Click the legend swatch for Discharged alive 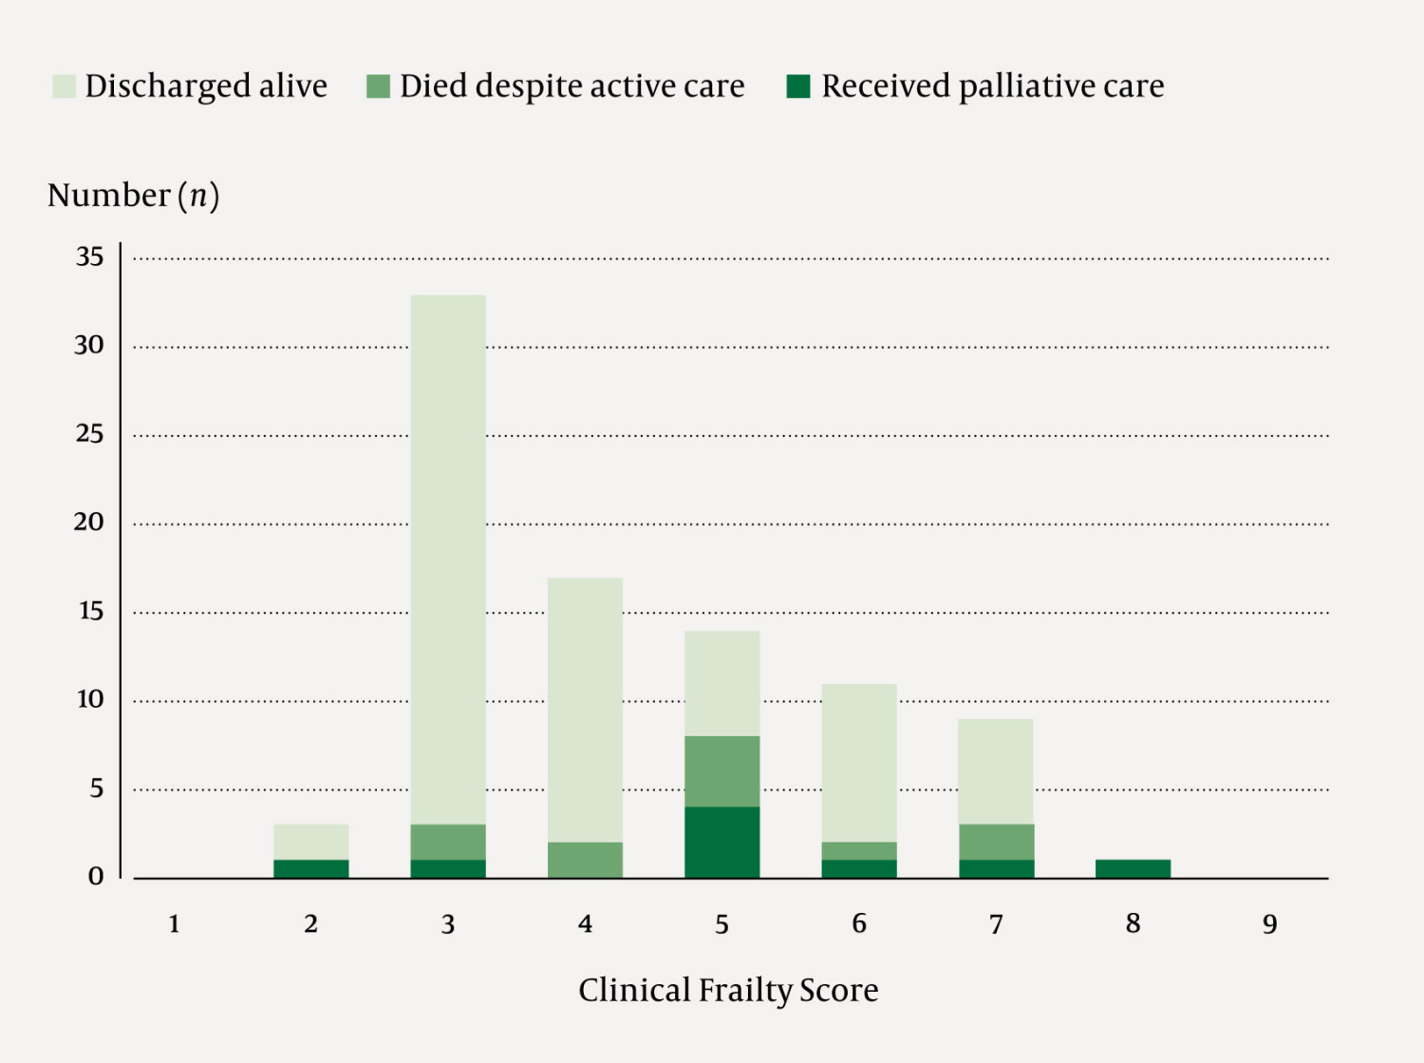[x=64, y=86]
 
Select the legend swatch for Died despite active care [x=378, y=86]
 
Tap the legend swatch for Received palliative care [x=798, y=86]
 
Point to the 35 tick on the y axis [x=90, y=256]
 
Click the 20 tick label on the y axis [x=89, y=522]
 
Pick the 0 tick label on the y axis [x=96, y=876]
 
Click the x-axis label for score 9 [x=1269, y=924]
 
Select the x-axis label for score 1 [x=175, y=924]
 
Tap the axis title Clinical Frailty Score [x=728, y=990]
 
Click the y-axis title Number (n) [x=133, y=195]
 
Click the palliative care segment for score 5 [x=721, y=842]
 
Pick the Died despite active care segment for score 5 [x=721, y=771]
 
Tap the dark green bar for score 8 [x=1133, y=868]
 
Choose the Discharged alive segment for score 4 [x=585, y=710]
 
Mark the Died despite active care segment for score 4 [x=585, y=860]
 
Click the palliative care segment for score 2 [x=311, y=868]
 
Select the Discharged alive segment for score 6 [x=859, y=763]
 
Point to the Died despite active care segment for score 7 [x=996, y=842]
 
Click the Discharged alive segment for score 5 [x=721, y=683]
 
